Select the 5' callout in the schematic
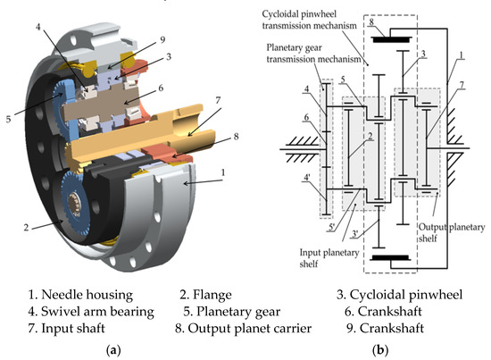click(334, 203)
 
